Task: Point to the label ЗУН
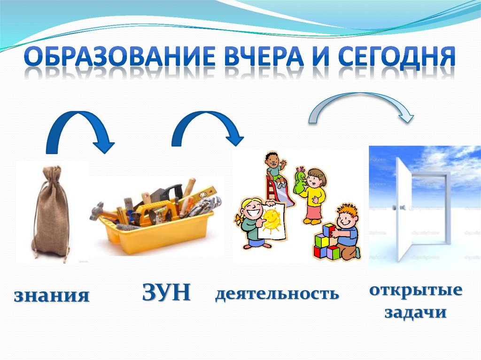tap(166, 293)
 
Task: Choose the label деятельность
tap(277, 294)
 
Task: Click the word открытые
tap(415, 290)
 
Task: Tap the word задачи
tap(415, 312)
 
